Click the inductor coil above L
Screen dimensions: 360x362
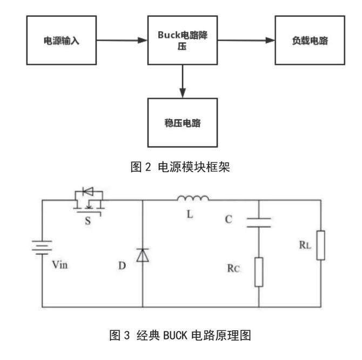(193, 200)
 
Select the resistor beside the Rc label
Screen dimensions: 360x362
(259, 270)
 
